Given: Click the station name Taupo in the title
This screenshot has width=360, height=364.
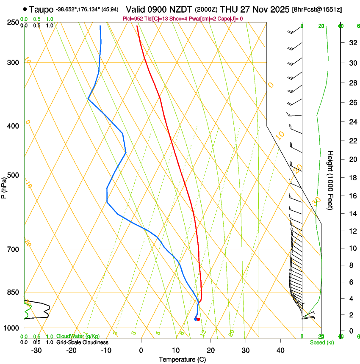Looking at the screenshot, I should [42, 9].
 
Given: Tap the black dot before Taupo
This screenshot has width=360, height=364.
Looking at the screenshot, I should [26, 9].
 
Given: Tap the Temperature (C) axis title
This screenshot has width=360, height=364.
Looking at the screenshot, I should [182, 359].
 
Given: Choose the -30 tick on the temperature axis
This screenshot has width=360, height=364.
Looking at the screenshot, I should [36, 350].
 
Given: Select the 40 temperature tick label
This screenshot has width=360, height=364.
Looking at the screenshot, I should [280, 350].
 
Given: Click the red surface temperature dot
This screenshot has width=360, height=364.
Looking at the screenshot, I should [198, 319].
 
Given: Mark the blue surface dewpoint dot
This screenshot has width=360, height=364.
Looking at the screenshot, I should [195, 319].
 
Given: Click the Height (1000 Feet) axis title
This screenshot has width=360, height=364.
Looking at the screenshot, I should [331, 180].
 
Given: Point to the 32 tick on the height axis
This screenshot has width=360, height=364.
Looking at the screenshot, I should [352, 42].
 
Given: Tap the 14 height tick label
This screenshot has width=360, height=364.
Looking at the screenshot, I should [352, 214].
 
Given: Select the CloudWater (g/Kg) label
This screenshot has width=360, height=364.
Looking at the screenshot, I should [78, 336].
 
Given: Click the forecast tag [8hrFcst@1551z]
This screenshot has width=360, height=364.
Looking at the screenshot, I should [317, 9].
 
